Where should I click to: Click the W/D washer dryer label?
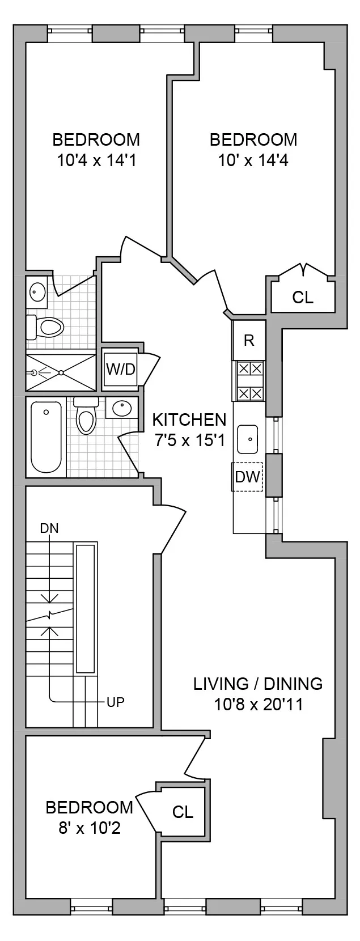tap(121, 369)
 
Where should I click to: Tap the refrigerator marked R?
tap(248, 340)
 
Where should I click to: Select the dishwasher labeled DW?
tap(248, 477)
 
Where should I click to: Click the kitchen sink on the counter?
tap(248, 439)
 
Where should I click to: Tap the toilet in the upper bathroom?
tap(46, 327)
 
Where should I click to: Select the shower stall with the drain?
tap(61, 372)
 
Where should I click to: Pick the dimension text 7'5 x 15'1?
tap(189, 440)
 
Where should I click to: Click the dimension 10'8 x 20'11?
tap(258, 705)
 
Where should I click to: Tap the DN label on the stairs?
tap(49, 528)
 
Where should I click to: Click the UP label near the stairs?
tap(115, 702)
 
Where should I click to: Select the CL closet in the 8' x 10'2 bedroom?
tap(183, 812)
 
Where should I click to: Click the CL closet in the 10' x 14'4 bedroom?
tap(303, 297)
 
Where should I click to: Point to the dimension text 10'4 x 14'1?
tap(96, 160)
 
